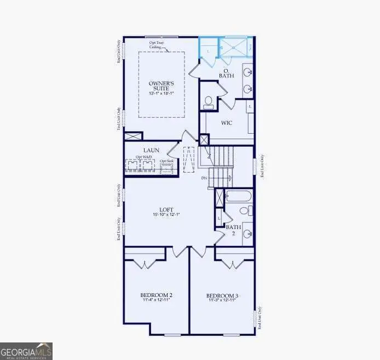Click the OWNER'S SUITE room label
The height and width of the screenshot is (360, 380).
160,85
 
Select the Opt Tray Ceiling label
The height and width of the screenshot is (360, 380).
157,45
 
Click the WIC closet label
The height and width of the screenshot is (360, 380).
226,123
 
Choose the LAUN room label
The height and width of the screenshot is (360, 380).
151,150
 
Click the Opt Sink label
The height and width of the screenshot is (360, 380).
166,161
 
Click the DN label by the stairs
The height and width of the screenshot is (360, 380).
204,179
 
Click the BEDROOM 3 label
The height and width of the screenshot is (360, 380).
223,295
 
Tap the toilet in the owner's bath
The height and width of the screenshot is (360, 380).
208,101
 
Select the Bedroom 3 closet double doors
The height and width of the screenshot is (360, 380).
234,264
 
